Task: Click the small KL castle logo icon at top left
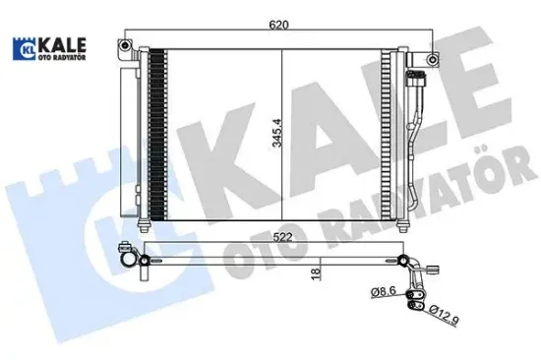point(22,48)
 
